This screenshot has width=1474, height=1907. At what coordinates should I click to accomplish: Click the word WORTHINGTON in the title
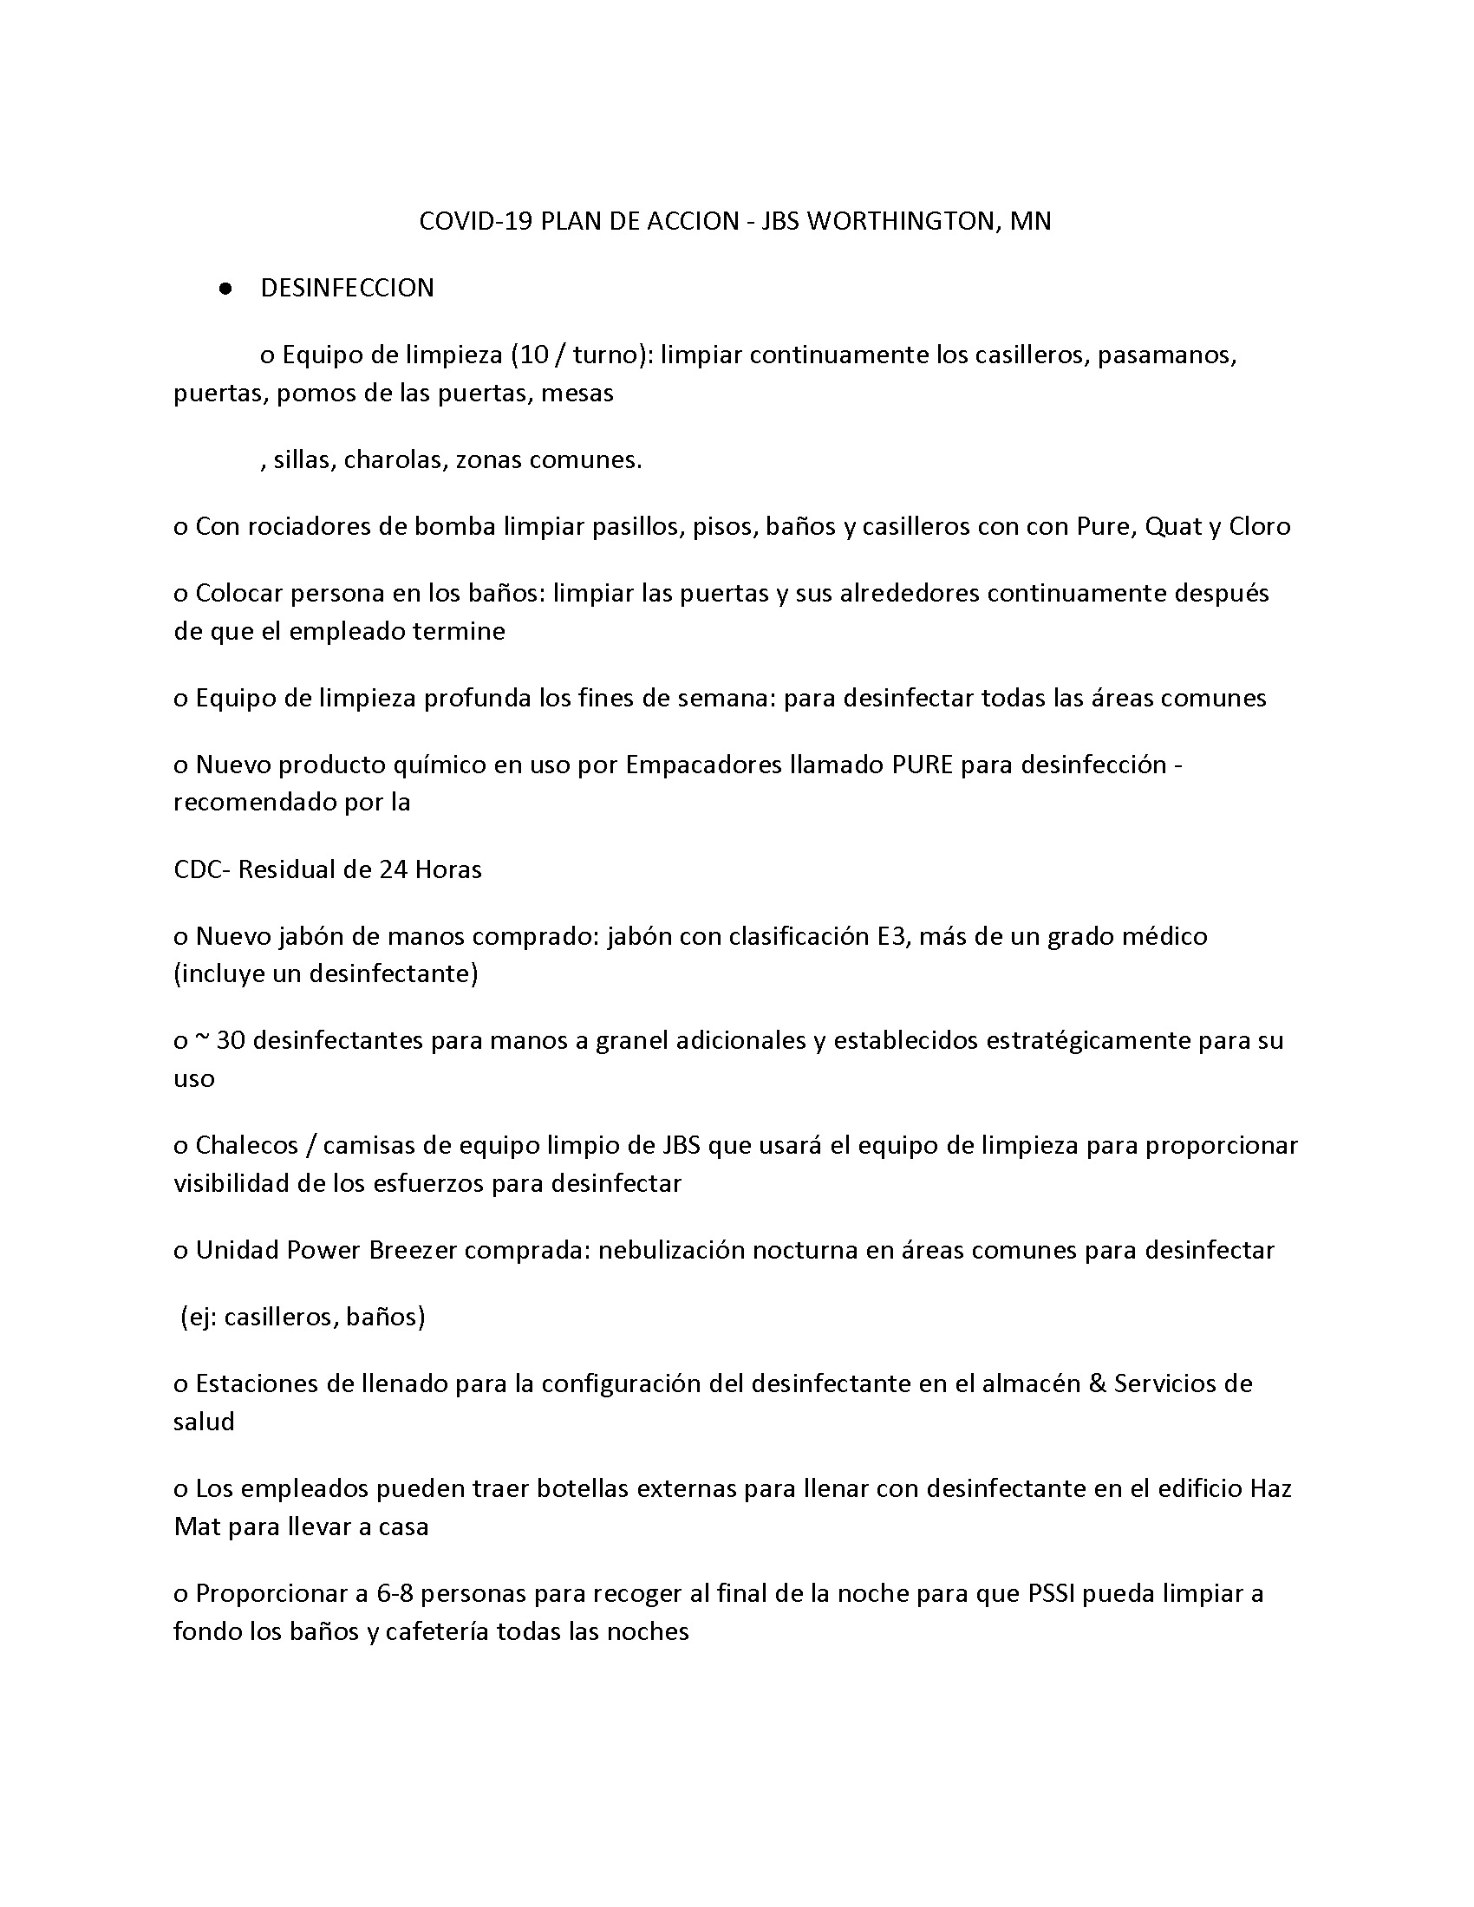[899, 221]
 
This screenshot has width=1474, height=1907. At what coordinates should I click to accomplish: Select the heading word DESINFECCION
[347, 288]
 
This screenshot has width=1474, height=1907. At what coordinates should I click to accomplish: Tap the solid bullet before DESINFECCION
[226, 289]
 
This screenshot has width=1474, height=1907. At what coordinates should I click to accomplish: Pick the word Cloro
[1259, 526]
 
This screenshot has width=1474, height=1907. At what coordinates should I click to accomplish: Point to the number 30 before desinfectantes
[231, 1041]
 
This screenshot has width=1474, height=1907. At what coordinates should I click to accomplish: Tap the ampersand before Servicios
[1098, 1384]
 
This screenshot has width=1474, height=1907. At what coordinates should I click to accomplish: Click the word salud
[204, 1422]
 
